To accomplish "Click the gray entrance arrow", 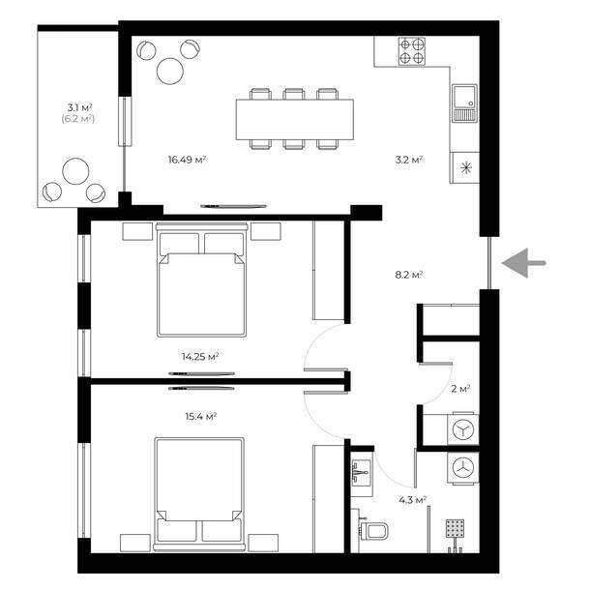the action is (x=523, y=263).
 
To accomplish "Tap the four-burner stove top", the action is (x=412, y=51).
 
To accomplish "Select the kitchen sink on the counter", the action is (x=464, y=103).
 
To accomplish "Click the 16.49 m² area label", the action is (x=187, y=160).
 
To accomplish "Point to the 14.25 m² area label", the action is (x=200, y=356).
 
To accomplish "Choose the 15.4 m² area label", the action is (x=201, y=417).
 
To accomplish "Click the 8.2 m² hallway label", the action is (x=409, y=275).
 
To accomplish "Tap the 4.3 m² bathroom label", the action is (x=412, y=500).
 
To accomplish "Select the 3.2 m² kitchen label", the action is (x=409, y=160).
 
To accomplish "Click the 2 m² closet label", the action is (x=460, y=389).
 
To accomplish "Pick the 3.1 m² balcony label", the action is (x=79, y=107).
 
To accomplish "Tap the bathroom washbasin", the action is (x=361, y=472).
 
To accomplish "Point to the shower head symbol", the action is (x=455, y=528).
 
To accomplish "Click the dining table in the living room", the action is (x=295, y=119).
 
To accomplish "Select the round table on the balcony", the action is (x=75, y=171).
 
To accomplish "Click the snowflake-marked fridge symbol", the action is (x=465, y=168).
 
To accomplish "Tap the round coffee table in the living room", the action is (x=170, y=72).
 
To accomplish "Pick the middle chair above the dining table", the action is (x=294, y=94).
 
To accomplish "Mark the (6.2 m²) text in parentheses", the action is (x=78, y=119).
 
